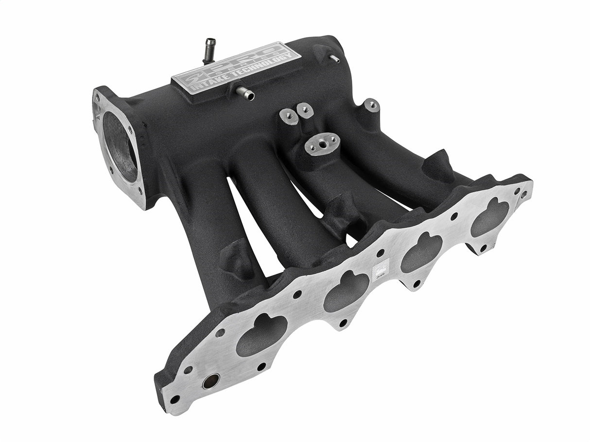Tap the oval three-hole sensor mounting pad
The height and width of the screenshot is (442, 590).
322,144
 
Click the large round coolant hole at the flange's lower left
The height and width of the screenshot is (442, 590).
210,381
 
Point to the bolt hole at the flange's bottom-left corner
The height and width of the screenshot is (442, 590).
175,399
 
